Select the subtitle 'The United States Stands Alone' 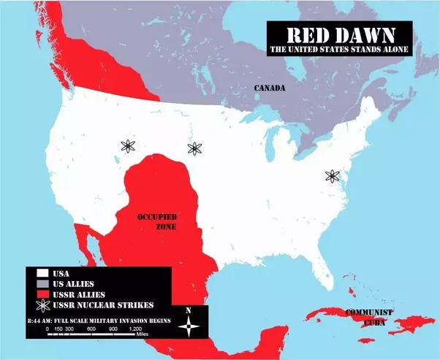pyautogui.click(x=339, y=50)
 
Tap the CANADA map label pyautogui.click(x=269, y=88)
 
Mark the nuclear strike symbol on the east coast pyautogui.click(x=333, y=176)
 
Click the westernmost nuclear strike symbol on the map pyautogui.click(x=129, y=145)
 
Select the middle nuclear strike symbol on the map pyautogui.click(x=194, y=148)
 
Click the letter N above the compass pyautogui.click(x=189, y=310)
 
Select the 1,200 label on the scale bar pyautogui.click(x=134, y=329)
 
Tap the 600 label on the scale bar pyautogui.click(x=91, y=329)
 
